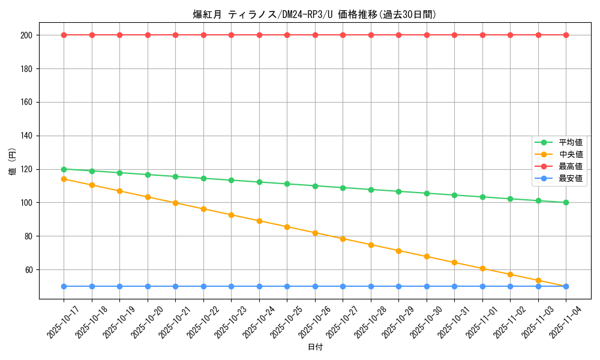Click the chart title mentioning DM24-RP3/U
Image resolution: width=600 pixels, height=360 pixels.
pyautogui.click(x=314, y=14)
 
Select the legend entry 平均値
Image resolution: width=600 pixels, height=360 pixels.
pyautogui.click(x=571, y=143)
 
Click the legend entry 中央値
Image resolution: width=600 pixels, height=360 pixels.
pyautogui.click(x=571, y=155)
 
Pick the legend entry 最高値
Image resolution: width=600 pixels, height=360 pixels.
pyautogui.click(x=571, y=166)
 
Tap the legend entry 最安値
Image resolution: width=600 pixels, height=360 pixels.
pyautogui.click(x=571, y=178)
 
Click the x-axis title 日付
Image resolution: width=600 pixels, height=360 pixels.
pyautogui.click(x=315, y=347)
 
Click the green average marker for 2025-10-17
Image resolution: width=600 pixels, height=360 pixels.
pyautogui.click(x=64, y=169)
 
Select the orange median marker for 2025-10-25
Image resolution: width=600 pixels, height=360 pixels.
pyautogui.click(x=287, y=227)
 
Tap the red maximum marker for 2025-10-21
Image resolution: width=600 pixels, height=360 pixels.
pyautogui.click(x=175, y=35)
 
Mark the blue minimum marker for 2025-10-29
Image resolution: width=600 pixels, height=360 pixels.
pyautogui.click(x=398, y=286)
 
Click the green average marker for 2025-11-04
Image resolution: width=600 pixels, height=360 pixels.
pyautogui.click(x=566, y=202)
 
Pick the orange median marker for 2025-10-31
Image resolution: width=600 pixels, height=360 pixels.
pyautogui.click(x=454, y=262)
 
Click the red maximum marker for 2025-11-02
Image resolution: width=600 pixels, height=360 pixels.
pyautogui.click(x=510, y=35)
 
